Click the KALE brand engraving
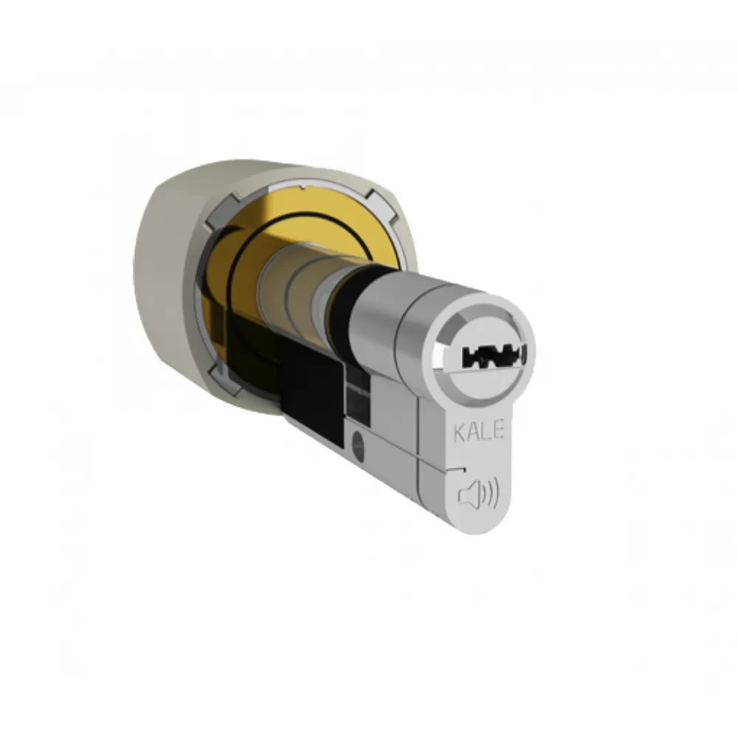click(x=479, y=431)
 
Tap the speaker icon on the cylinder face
click(x=478, y=494)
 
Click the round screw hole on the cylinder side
click(x=358, y=441)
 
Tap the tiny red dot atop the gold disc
click(x=303, y=187)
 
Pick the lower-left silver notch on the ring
click(x=225, y=376)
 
